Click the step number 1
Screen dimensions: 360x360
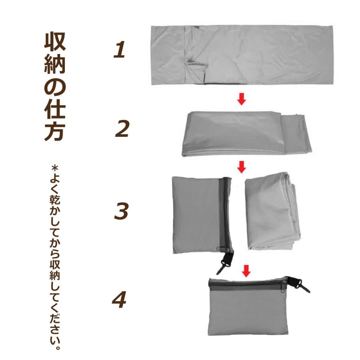119,51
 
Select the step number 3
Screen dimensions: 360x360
121,211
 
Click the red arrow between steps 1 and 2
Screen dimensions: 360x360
241,99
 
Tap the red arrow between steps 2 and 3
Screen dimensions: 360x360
241,167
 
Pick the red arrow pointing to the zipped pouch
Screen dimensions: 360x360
246,271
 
